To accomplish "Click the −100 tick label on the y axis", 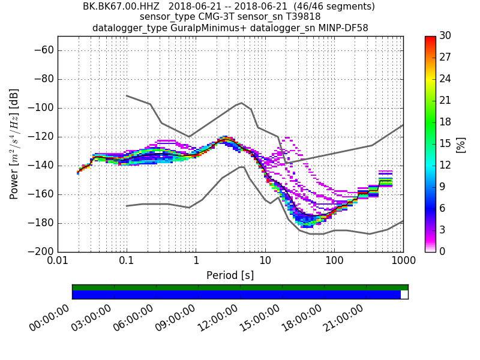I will pos(43,108).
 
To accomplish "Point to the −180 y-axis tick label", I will pos(43,223).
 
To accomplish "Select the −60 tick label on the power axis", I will pos(45,50).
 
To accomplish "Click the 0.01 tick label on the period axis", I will pos(58,261).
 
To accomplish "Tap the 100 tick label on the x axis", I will pos(334,261).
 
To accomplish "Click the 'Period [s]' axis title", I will pos(230,275).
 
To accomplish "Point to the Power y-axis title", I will pos(14,144).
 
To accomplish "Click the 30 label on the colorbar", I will pos(445,36).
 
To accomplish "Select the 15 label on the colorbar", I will pos(445,144).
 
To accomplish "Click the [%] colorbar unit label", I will pos(461,144).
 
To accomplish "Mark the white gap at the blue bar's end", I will pos(404,295).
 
